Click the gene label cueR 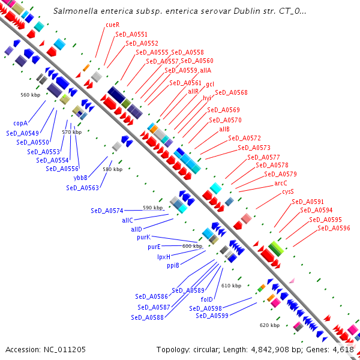[112, 25]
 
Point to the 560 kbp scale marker [30, 95]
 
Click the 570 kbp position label [71, 132]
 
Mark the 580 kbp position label [112, 169]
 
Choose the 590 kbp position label [152, 208]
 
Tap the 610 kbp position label [232, 286]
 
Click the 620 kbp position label [269, 325]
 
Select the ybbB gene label [81, 178]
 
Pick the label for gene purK [143, 237]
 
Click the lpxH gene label [164, 256]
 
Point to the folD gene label [208, 299]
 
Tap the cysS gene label [288, 191]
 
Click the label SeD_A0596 [334, 228]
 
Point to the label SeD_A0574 [107, 211]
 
